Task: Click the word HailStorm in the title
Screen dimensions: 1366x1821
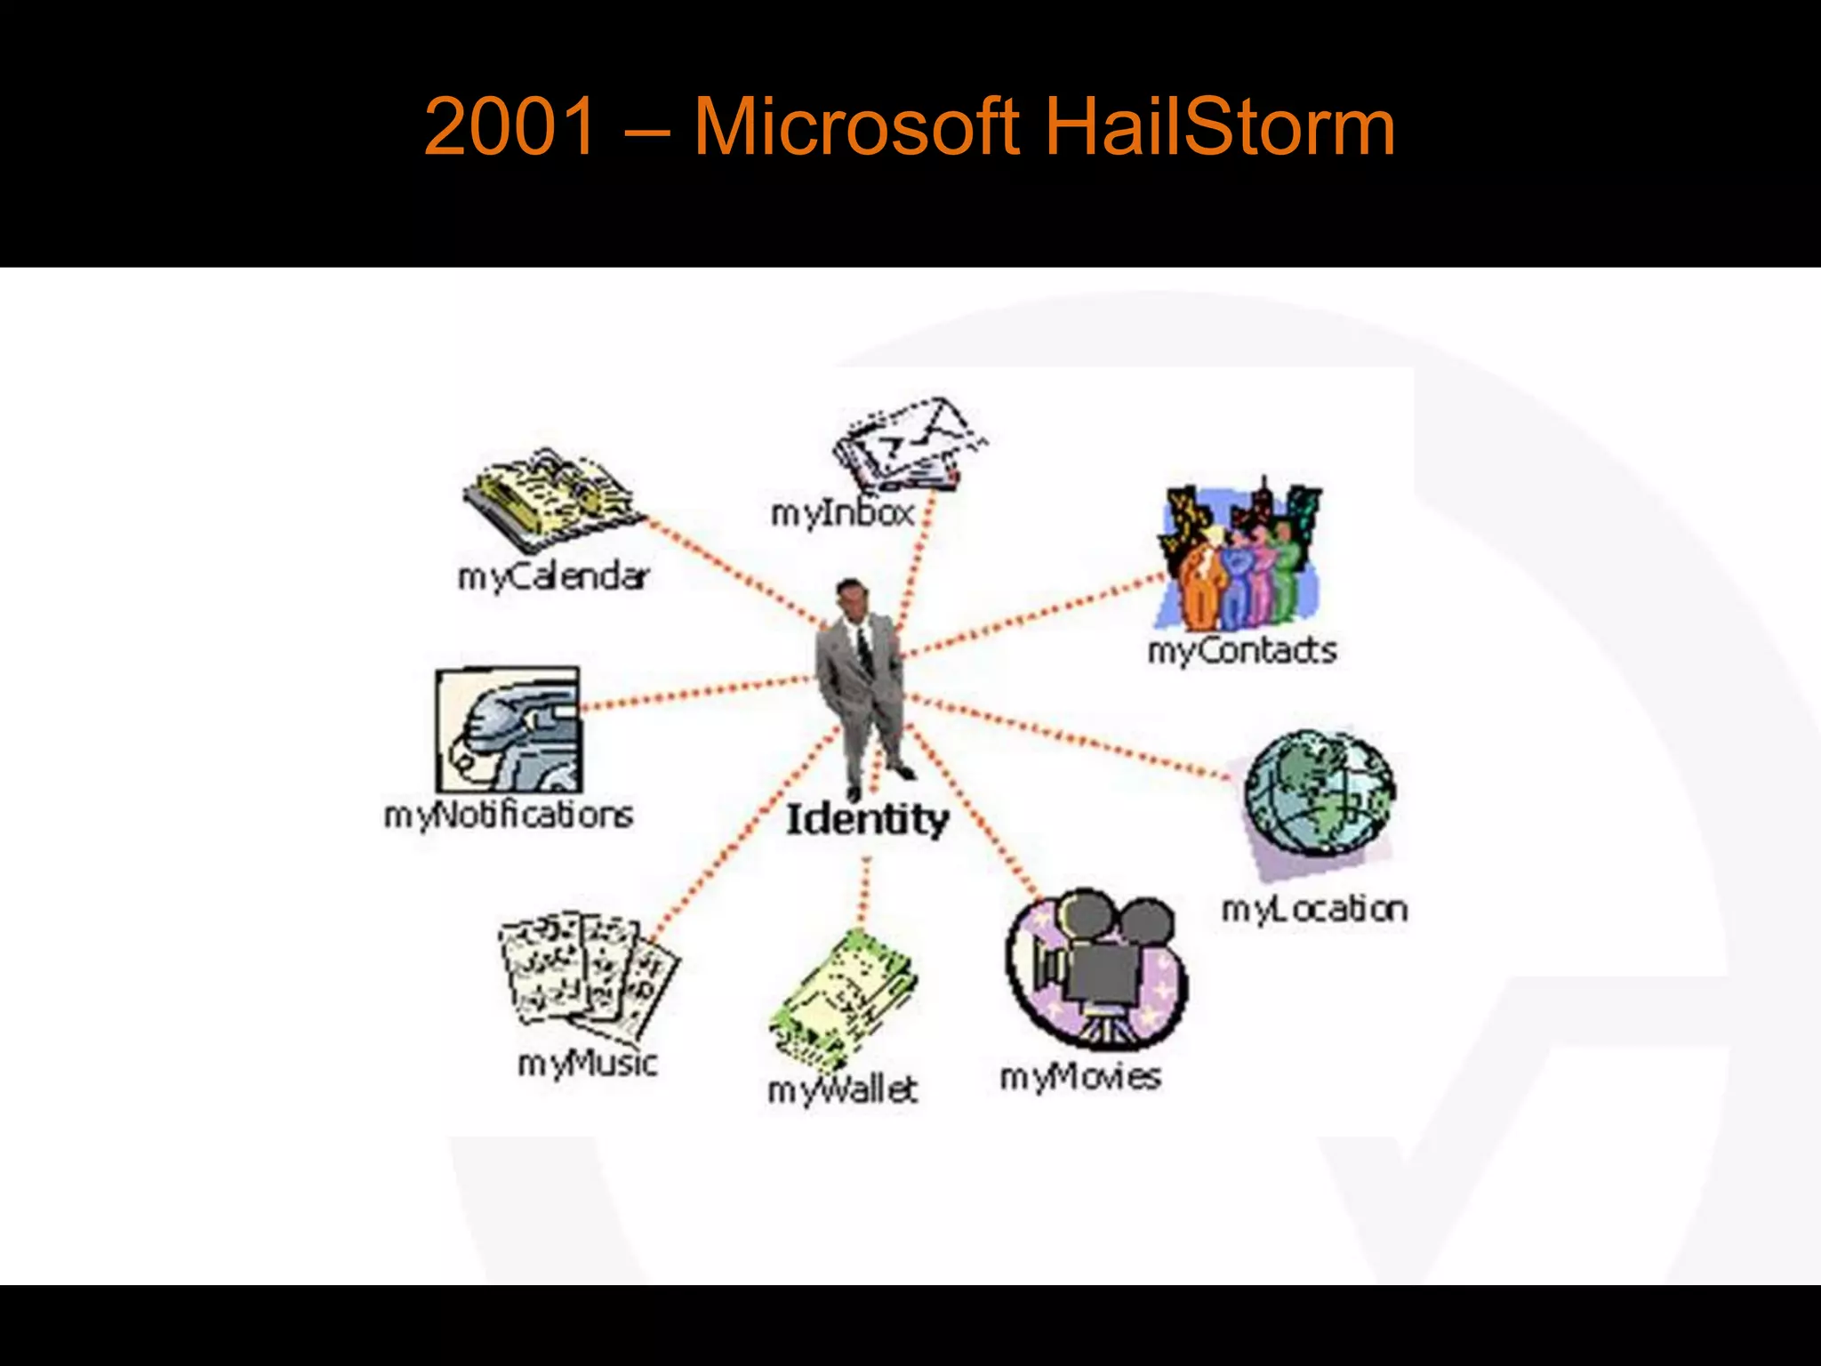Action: click(1219, 127)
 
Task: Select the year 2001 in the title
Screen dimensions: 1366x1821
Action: click(509, 127)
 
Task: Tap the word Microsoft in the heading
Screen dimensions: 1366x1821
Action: click(855, 127)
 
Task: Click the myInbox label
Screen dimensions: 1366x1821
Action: click(842, 513)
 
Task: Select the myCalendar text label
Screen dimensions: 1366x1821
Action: click(553, 577)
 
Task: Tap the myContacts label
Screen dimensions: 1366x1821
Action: click(1242, 650)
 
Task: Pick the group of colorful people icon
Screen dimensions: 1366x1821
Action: click(1239, 556)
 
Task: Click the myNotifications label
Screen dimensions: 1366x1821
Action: click(509, 815)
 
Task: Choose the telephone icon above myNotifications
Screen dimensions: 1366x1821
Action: click(509, 731)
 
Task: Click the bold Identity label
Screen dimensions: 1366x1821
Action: click(867, 819)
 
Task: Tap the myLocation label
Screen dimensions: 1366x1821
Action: click(1314, 909)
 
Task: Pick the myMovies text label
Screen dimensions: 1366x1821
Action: click(1080, 1077)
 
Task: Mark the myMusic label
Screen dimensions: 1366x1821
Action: click(588, 1063)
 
